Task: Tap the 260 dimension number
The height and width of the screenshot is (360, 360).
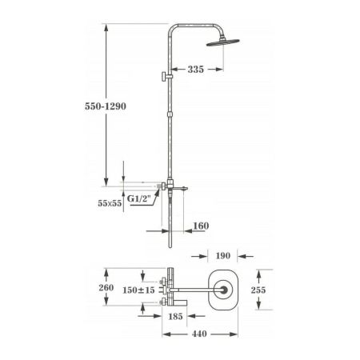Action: (x=106, y=289)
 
